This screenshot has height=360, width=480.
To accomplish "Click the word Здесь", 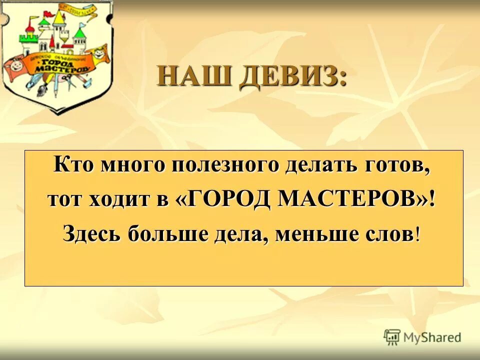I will click(x=91, y=233).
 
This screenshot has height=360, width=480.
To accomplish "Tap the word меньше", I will click(x=319, y=233).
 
